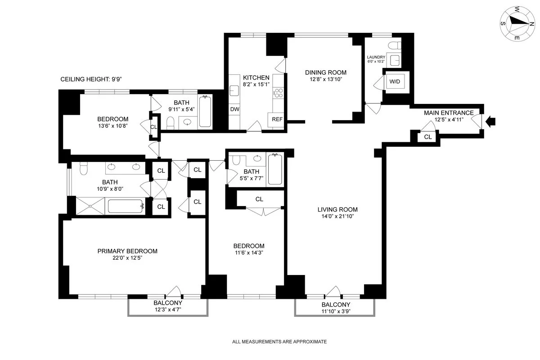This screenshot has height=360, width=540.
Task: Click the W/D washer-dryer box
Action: (x=394, y=82)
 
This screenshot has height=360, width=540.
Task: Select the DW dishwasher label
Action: (x=234, y=109)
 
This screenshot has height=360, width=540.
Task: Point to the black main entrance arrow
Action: (x=491, y=121)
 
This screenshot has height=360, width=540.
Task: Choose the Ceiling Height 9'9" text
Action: (x=91, y=80)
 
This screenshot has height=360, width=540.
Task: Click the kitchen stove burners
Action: (x=279, y=93)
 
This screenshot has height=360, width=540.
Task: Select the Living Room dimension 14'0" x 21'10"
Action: (x=337, y=217)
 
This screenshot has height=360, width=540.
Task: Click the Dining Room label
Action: (x=326, y=72)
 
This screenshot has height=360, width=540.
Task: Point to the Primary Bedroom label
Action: (x=127, y=251)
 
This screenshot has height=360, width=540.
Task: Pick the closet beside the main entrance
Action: (x=427, y=137)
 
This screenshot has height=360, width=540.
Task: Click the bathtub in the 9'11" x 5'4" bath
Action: (x=205, y=111)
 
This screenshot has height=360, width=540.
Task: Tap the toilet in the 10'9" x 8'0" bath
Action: (x=83, y=168)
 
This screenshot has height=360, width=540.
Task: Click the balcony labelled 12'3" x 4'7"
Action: (x=167, y=306)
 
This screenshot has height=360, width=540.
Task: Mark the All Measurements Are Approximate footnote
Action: (x=279, y=342)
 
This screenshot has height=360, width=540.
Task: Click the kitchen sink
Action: (x=234, y=91)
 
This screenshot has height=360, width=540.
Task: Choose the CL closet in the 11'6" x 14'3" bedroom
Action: (x=259, y=199)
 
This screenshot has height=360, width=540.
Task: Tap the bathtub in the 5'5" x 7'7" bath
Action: (x=275, y=169)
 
